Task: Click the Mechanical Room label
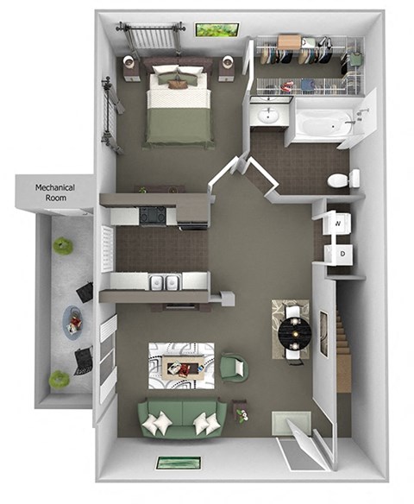click(54, 192)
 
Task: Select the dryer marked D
click(337, 254)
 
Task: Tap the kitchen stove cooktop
click(154, 214)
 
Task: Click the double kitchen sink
click(161, 282)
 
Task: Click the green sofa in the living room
click(182, 420)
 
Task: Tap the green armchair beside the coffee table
click(232, 369)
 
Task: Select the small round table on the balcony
click(74, 323)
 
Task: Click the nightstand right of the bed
click(227, 66)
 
